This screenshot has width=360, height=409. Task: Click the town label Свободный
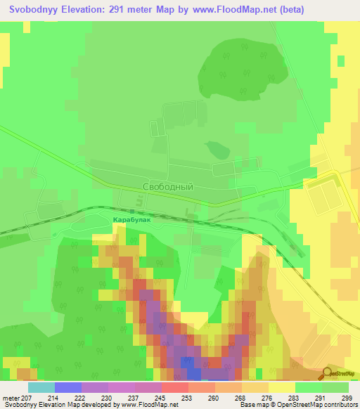click(x=167, y=188)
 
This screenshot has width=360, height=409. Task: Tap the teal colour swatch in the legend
click(x=41, y=387)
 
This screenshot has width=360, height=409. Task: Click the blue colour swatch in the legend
click(x=68, y=387)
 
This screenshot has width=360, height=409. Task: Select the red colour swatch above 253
click(x=175, y=387)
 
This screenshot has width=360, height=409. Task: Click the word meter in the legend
click(x=14, y=398)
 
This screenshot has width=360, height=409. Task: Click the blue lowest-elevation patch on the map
click(x=190, y=363)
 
